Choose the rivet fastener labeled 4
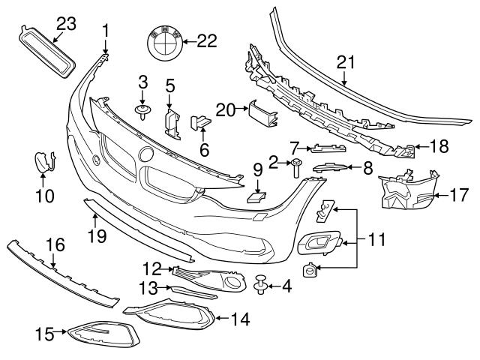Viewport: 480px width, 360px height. pos(262,286)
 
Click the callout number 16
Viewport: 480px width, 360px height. pos(55,245)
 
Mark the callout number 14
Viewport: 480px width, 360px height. pos(239,318)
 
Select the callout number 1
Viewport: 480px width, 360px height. pos(106,31)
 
